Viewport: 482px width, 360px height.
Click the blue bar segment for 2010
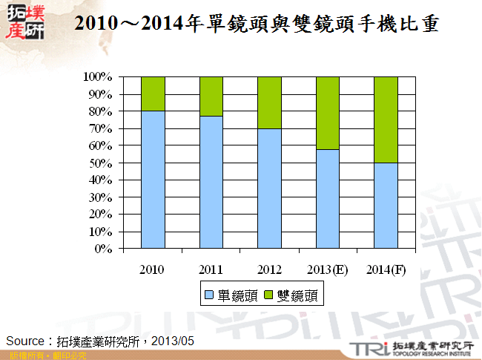(x=153, y=179)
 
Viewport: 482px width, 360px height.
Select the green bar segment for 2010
(x=153, y=94)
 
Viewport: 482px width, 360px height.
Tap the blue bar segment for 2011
(x=211, y=182)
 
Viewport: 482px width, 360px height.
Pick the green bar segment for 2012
(x=269, y=102)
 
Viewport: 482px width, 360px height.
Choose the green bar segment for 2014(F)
(x=386, y=120)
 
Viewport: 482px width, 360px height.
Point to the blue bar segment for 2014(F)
(x=386, y=206)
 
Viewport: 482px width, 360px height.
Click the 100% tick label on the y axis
(x=97, y=77)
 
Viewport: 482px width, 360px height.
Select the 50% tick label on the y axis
(x=100, y=163)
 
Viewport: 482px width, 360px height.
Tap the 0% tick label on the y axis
(x=103, y=249)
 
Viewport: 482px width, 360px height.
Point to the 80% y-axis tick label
(x=100, y=111)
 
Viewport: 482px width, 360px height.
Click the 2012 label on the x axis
(x=269, y=268)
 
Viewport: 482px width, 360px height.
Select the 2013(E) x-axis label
(x=328, y=268)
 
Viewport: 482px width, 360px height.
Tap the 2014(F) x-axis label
(x=386, y=268)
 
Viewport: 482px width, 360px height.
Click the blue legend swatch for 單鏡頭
(x=209, y=296)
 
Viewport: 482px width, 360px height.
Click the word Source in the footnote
(x=25, y=341)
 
